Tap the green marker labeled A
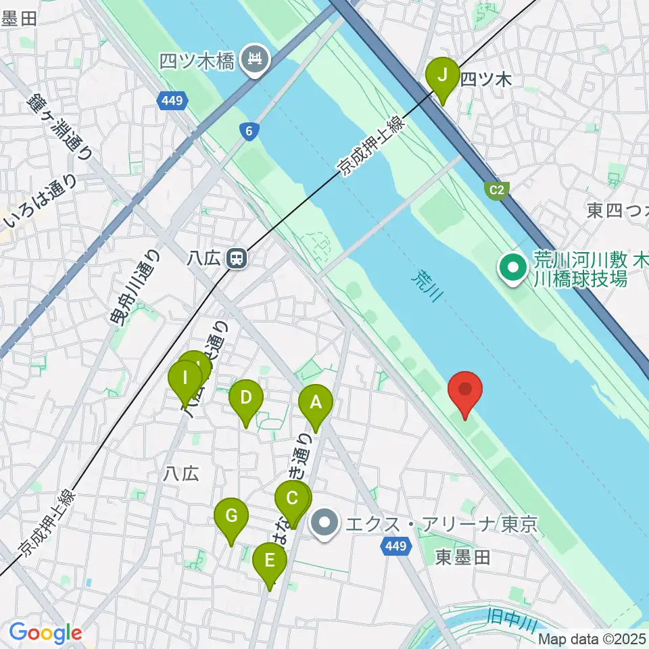[316, 403]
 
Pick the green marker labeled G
[231, 516]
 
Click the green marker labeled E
[270, 561]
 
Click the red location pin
[466, 390]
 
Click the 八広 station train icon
[236, 258]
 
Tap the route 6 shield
[249, 132]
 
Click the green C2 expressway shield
[496, 190]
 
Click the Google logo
[45, 633]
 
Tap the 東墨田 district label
[462, 557]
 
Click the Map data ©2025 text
[592, 638]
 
